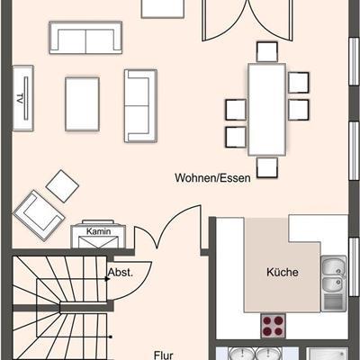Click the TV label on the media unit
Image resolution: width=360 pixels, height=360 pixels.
coord(20,99)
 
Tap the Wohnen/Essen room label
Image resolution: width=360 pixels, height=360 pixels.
coord(212,177)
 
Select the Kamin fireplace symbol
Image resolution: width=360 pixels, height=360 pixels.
coord(98,234)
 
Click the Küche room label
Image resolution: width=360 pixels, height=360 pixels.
coord(283,272)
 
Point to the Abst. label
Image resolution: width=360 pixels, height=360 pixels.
coord(121,272)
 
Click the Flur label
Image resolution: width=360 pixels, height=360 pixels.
coord(164,355)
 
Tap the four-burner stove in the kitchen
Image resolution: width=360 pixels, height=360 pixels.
coord(273,326)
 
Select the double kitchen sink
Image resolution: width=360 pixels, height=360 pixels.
coord(334,283)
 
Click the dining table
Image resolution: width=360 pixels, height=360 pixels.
coord(266,110)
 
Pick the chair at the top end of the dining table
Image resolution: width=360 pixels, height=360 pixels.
coord(267,52)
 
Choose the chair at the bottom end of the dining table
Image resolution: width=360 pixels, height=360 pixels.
coord(267,167)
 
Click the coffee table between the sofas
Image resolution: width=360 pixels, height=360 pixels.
coord(82,104)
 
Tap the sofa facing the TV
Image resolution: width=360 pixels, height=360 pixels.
coord(140,106)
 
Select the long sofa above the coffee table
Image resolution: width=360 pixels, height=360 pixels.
coord(85,38)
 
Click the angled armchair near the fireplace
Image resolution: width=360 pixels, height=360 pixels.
coord(39,215)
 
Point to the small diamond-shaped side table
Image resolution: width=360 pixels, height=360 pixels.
coord(62,186)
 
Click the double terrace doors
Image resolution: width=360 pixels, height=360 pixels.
coord(248,21)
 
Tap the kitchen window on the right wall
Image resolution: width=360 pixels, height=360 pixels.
coord(355,267)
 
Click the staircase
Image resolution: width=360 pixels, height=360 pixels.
coord(61,308)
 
